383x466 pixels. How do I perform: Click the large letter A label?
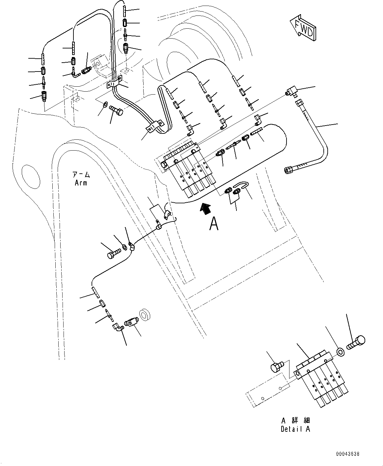point(214,224)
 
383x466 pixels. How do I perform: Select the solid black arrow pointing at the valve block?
point(205,209)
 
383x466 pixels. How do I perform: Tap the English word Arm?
point(81,182)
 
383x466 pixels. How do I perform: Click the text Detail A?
point(295,429)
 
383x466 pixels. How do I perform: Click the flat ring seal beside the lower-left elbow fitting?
point(145,315)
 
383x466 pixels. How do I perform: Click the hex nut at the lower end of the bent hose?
point(287,170)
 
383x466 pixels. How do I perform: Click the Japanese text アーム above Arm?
point(81,174)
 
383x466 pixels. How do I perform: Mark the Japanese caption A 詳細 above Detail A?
point(295,421)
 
